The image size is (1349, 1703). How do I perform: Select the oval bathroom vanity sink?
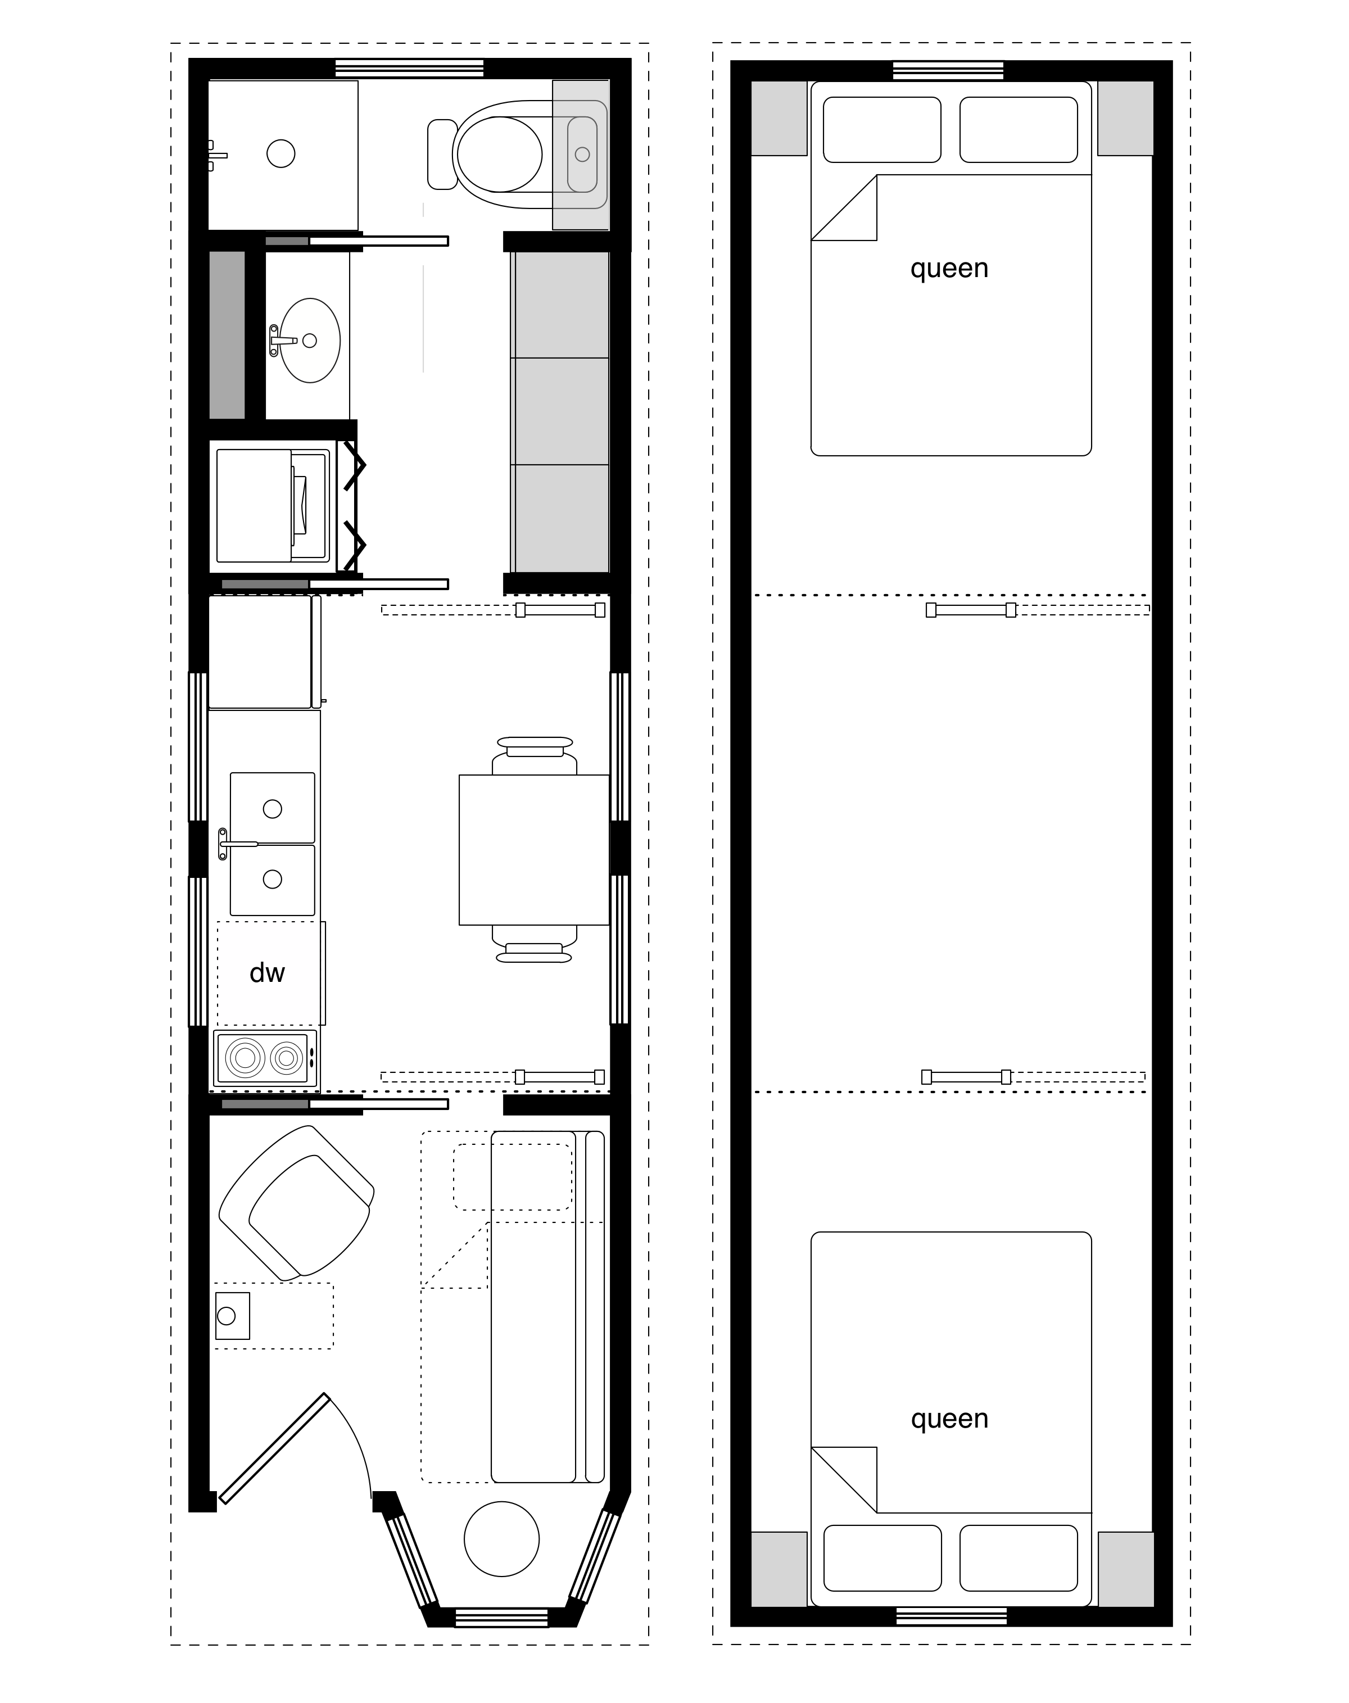click(310, 341)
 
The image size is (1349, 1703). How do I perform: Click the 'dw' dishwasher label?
click(267, 973)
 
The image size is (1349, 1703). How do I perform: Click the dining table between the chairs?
click(534, 849)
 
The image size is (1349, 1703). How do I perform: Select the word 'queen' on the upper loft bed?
click(949, 269)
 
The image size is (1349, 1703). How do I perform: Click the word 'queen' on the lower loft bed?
click(949, 1419)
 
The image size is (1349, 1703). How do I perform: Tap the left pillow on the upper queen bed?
click(882, 129)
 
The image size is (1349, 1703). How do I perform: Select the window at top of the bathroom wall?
click(409, 69)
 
